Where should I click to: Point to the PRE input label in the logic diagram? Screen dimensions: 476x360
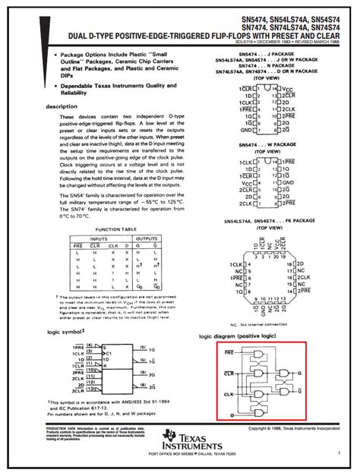229,353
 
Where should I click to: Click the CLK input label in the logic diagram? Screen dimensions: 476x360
229,391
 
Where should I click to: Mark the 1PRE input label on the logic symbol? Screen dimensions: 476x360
80,346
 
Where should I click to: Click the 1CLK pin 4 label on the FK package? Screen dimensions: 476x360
235,264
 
